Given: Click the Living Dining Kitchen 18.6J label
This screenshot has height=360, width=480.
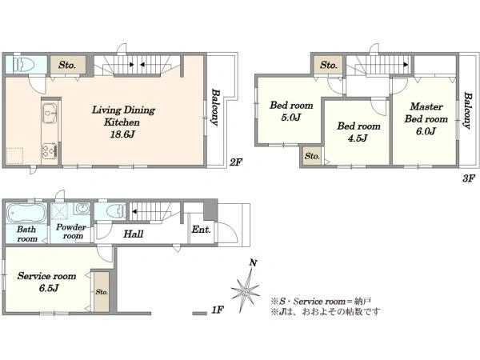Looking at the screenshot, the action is [x=123, y=122].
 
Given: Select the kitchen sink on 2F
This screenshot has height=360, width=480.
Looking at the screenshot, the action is [x=49, y=113].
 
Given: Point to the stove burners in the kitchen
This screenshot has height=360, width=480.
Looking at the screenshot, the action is [x=49, y=150].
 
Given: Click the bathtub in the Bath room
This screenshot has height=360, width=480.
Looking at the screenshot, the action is [x=26, y=213].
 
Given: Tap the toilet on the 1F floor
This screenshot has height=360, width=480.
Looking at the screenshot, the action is [x=114, y=211].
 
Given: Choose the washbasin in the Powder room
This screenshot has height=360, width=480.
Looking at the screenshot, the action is [x=82, y=209].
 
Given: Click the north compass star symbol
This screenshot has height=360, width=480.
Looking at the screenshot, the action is [x=246, y=288].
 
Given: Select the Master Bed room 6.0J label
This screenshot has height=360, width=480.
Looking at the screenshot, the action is [x=426, y=118].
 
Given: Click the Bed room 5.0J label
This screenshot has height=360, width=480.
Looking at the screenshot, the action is [x=291, y=111].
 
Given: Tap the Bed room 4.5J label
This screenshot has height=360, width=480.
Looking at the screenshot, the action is [x=358, y=132].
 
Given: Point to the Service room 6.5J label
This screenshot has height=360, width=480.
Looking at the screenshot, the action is [x=47, y=282].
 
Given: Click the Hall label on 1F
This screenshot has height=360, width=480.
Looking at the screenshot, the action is [x=133, y=234].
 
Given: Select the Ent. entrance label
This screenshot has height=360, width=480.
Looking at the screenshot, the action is [x=201, y=230].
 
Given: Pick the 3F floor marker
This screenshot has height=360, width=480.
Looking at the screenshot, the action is [x=468, y=178].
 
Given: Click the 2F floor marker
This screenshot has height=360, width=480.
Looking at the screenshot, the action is [x=236, y=162].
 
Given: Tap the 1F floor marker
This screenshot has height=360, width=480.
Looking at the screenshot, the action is [x=218, y=310].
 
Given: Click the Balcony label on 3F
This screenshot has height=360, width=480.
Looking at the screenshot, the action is [x=467, y=110].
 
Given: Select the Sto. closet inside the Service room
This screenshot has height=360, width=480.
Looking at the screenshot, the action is [x=102, y=292].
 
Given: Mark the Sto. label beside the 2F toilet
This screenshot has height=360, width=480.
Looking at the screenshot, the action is [x=67, y=65].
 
